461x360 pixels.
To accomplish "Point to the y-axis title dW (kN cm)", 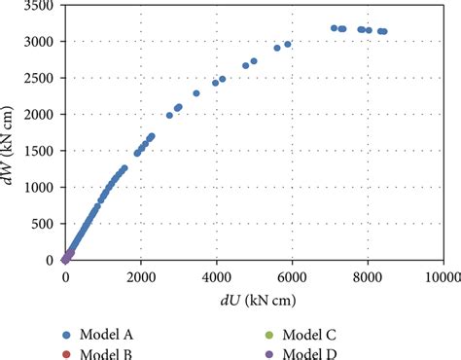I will tap(12, 133).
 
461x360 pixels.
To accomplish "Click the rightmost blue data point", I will tap(384, 31).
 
